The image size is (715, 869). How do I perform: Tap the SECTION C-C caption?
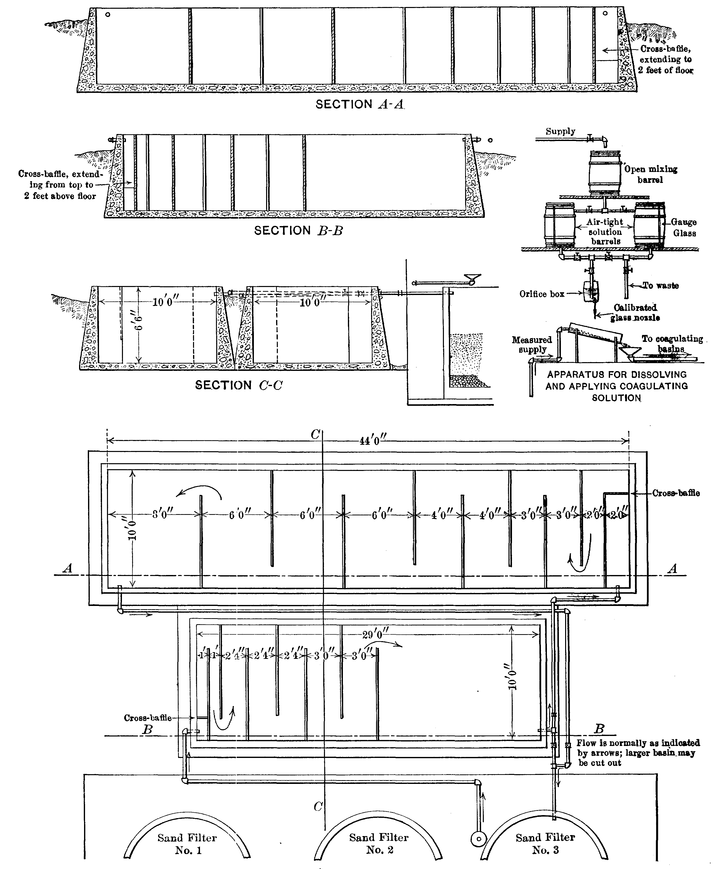point(239,385)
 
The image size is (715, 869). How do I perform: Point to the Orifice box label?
point(542,294)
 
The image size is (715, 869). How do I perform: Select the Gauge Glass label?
point(684,228)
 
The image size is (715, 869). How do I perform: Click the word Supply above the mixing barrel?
point(560,132)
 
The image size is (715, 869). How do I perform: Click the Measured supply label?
point(532,345)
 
